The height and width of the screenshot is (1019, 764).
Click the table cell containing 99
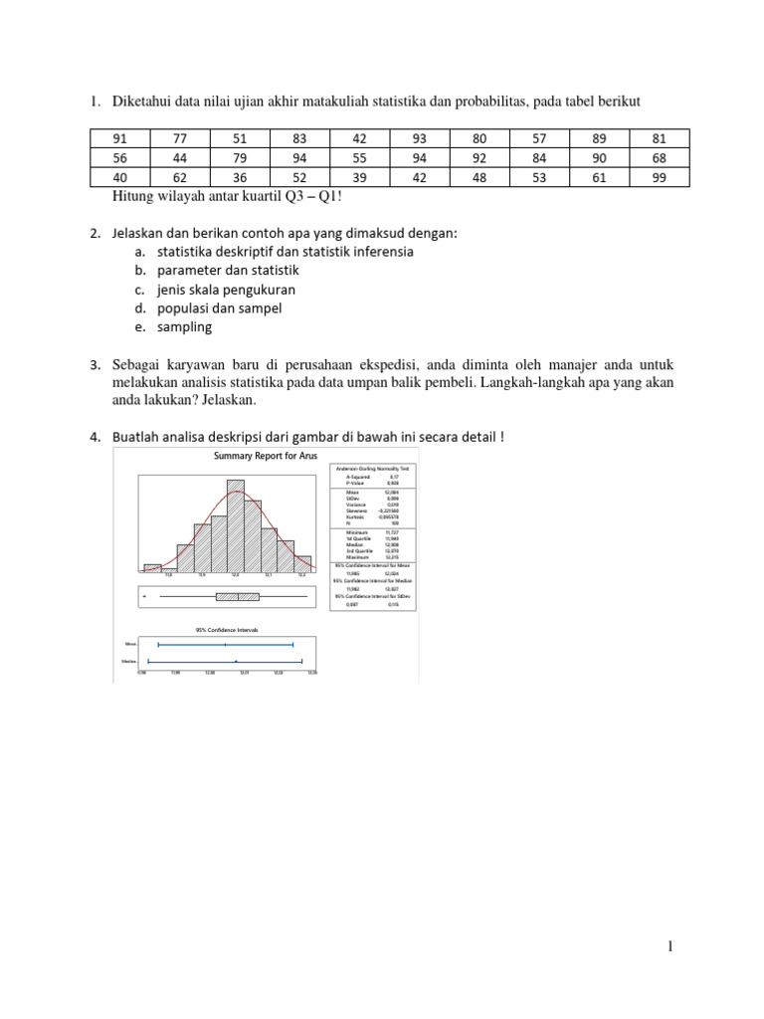click(660, 177)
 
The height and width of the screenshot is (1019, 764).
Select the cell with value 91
click(119, 138)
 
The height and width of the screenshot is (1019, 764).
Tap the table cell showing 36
click(239, 177)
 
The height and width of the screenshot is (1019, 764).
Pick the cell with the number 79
click(239, 157)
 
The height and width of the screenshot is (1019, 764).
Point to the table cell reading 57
click(540, 138)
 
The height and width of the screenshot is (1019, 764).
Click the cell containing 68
click(660, 157)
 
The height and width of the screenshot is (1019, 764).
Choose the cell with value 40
click(119, 177)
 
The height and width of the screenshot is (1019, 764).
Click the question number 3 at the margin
click(95, 362)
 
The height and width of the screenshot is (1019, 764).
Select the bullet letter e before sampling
click(141, 326)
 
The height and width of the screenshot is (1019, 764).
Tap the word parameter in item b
click(190, 271)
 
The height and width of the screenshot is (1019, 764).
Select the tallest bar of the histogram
click(236, 527)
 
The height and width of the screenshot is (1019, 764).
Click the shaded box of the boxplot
click(237, 596)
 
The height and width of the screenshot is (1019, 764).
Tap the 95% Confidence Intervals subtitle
click(228, 629)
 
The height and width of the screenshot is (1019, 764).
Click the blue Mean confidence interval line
click(226, 645)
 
